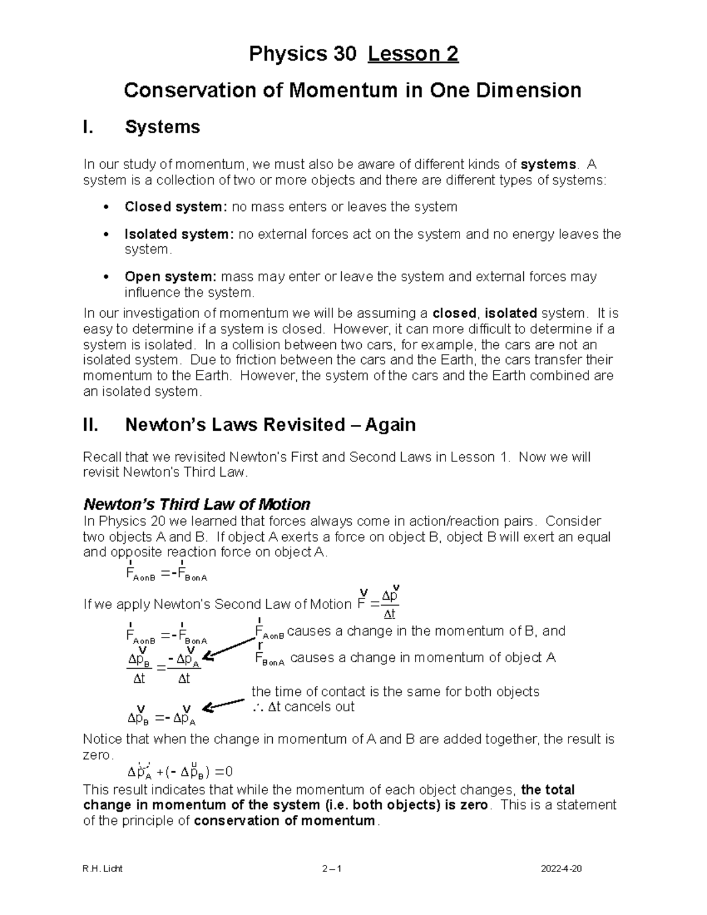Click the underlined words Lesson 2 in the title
point(413,54)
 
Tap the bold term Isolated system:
point(179,234)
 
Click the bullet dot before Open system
point(105,277)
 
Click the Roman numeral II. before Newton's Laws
point(93,424)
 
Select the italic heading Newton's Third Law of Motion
point(197,504)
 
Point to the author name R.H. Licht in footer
point(103,869)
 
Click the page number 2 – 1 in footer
point(332,869)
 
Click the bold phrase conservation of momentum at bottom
point(284,821)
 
